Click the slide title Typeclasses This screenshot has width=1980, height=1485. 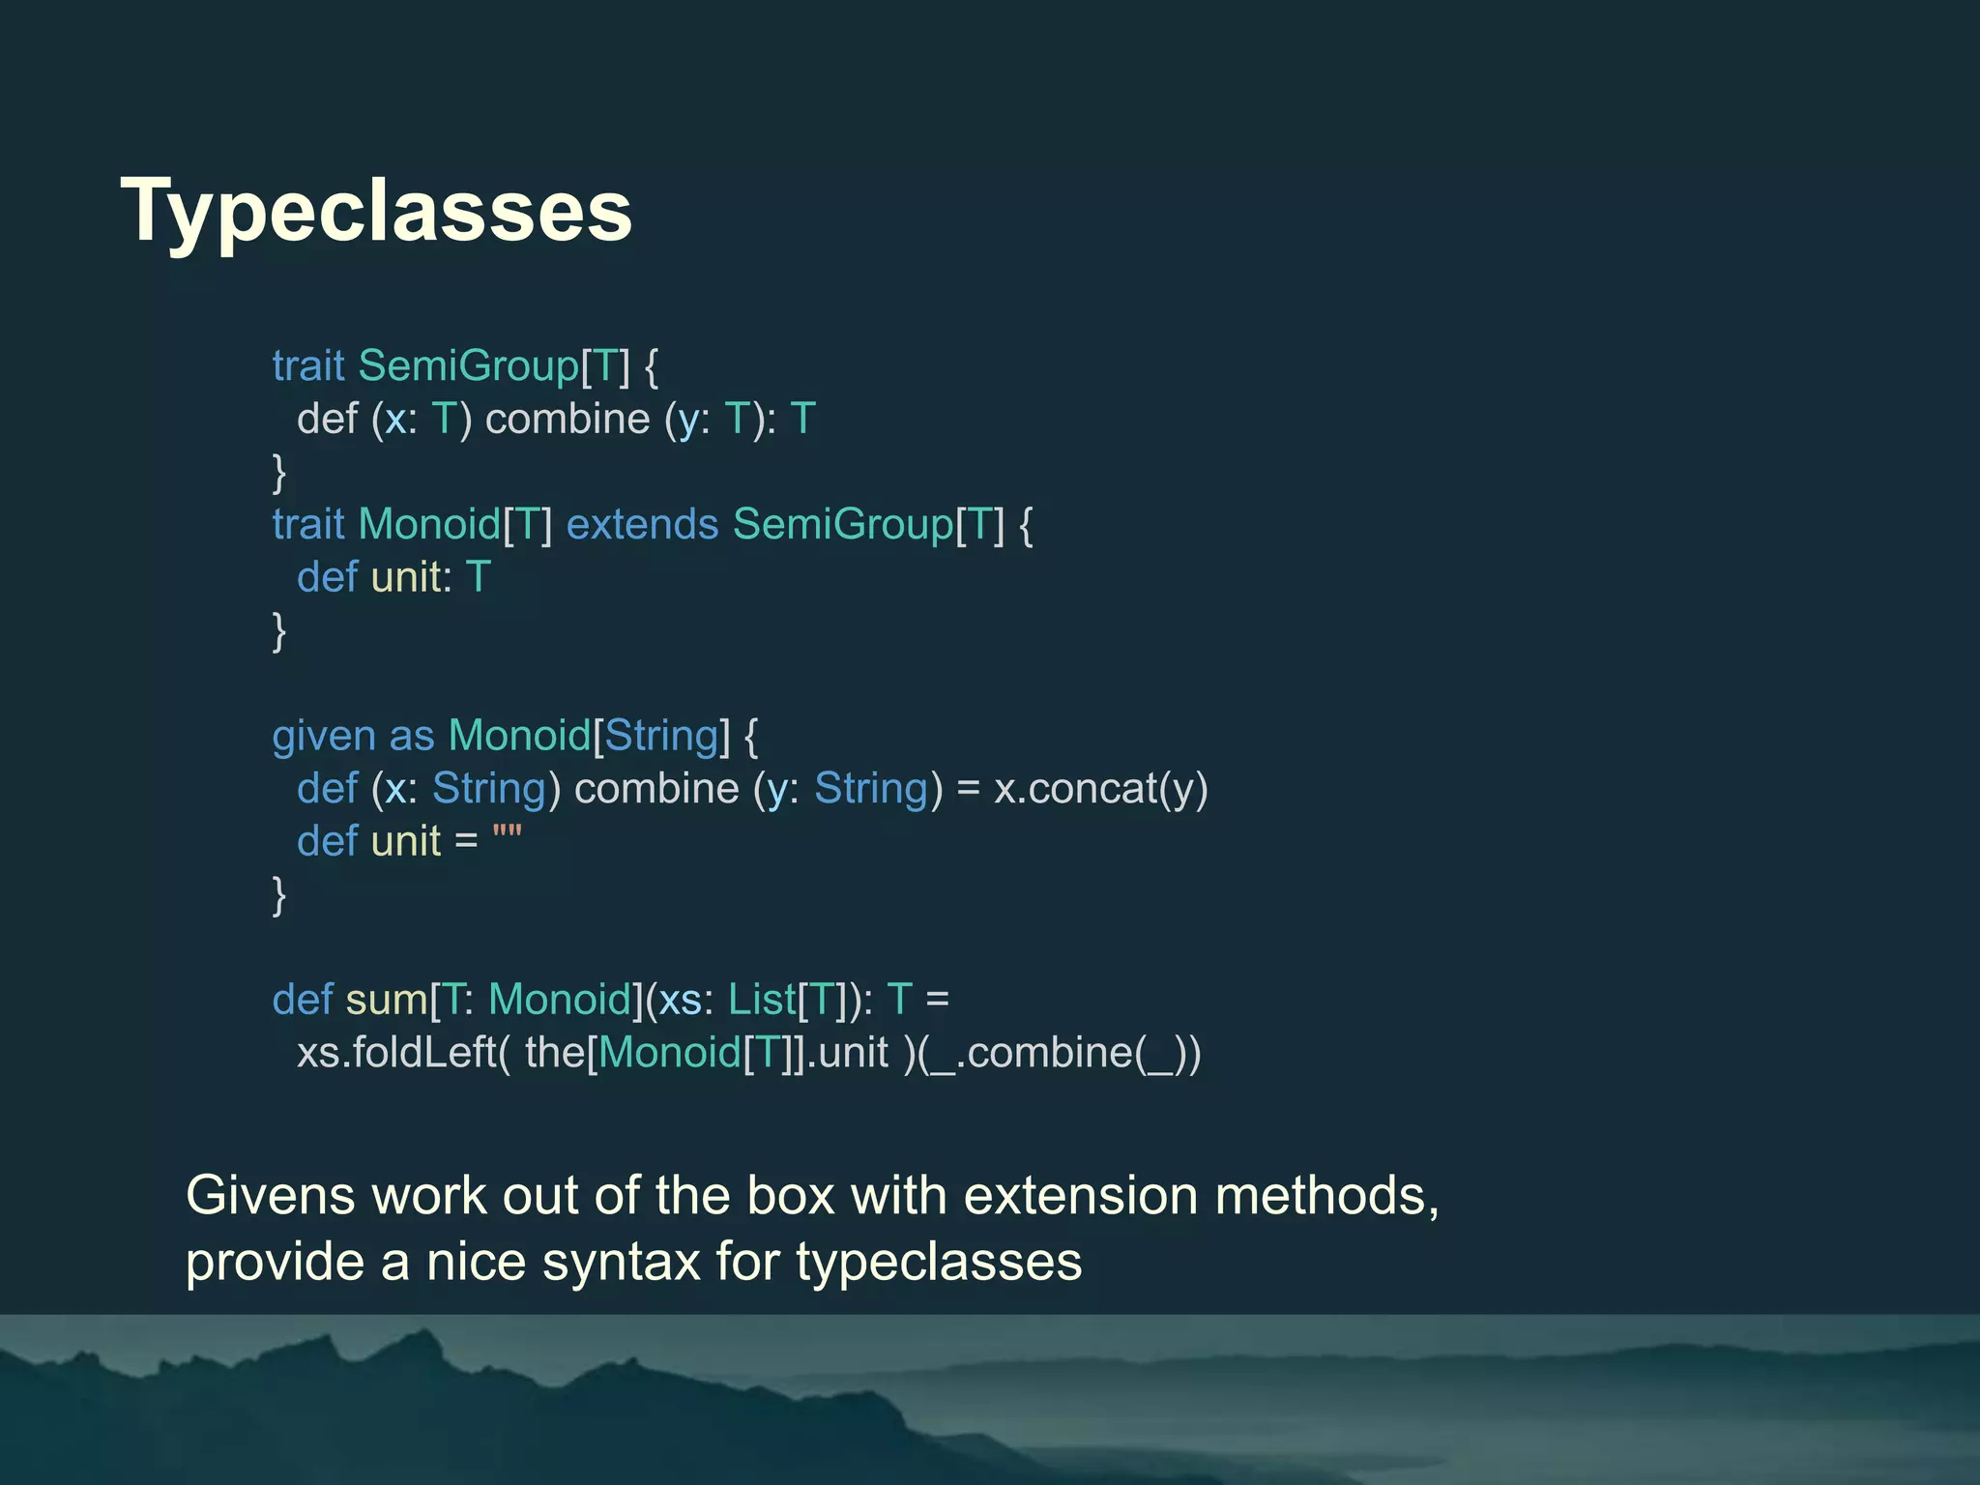[376, 211]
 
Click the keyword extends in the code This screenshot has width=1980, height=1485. [642, 524]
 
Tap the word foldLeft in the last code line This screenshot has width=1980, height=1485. [424, 1052]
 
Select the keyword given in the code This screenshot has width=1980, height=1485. [323, 737]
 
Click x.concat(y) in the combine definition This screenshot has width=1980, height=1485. [1101, 789]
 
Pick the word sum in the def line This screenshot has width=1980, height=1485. [387, 1000]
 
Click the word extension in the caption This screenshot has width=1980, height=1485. [1081, 1196]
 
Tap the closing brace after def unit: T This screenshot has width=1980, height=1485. [279, 631]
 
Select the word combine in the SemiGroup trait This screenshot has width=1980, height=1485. [568, 420]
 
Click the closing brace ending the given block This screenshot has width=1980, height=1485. [279, 895]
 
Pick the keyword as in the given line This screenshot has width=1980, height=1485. [412, 737]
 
